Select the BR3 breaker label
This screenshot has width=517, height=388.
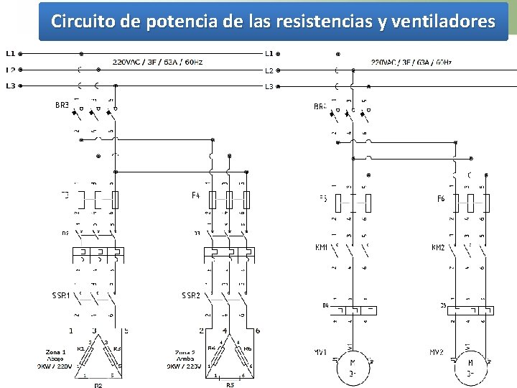[62, 106]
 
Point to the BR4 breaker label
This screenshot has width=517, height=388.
[320, 106]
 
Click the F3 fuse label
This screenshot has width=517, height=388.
[65, 195]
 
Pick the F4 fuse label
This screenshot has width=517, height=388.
[195, 195]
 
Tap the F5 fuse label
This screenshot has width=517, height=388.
[322, 198]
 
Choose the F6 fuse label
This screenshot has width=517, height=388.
[441, 198]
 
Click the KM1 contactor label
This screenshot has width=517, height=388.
[321, 247]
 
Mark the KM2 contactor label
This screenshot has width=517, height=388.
[438, 247]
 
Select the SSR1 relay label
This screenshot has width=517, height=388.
[61, 295]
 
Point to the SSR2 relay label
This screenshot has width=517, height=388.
[191, 295]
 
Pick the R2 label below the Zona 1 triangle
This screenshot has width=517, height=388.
[98, 384]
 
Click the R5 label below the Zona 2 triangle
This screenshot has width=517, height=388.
[230, 384]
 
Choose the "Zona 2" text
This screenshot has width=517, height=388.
[185, 351]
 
